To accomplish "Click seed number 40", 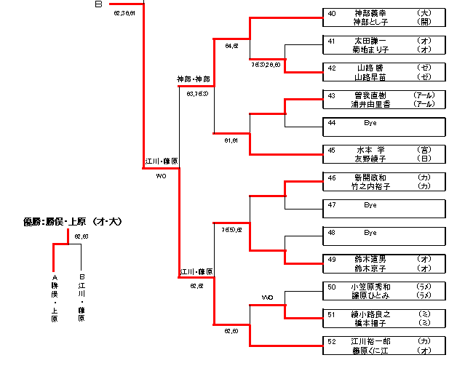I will pos(331,13).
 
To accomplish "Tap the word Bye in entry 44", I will pos(370,123).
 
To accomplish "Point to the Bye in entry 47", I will pos(370,206).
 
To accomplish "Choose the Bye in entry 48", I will pos(370,234).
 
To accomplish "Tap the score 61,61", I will pos(232,140).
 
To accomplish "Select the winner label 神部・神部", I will pos(194,78).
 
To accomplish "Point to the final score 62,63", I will pos(81,237).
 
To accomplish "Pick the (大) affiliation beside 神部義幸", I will pos(425,13).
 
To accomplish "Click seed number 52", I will pos(331,341).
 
